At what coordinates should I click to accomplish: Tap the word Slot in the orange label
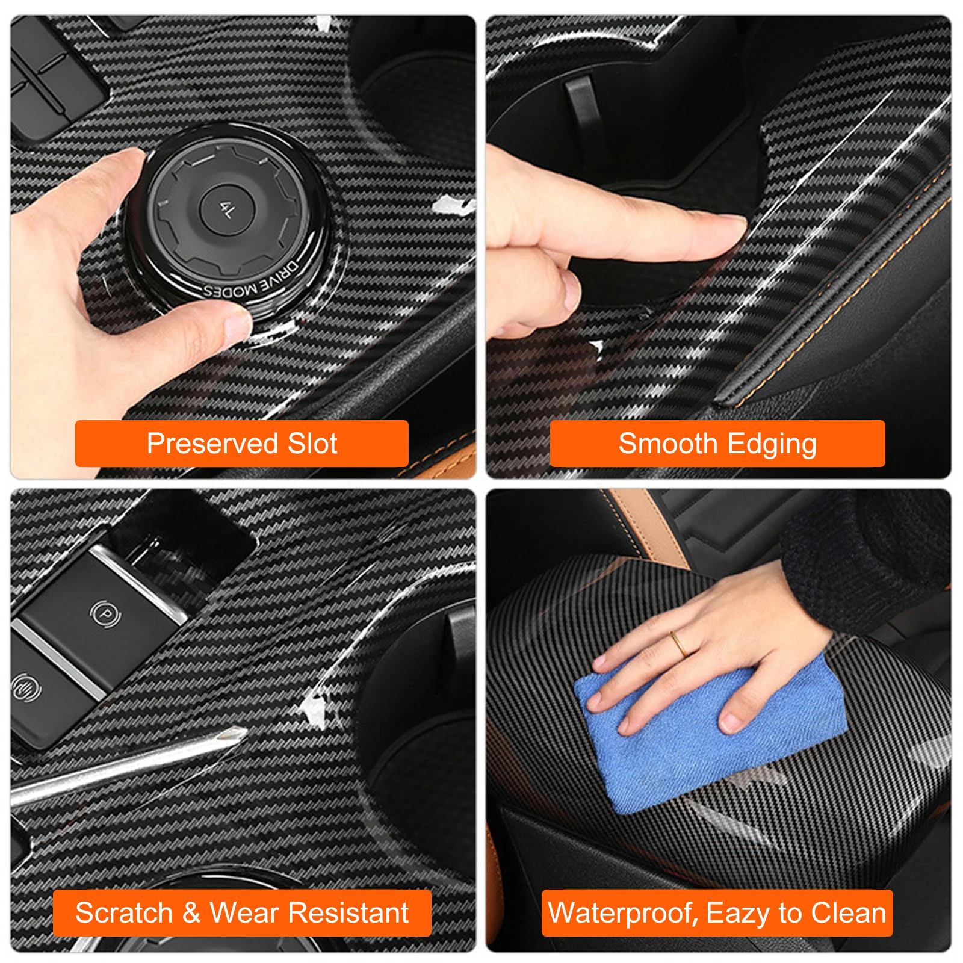point(312,444)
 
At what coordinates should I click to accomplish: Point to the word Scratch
point(124,913)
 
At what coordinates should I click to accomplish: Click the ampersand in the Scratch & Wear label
point(191,913)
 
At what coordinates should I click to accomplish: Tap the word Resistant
point(348,913)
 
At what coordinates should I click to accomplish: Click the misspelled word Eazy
point(739,914)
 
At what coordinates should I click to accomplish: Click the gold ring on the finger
point(679,643)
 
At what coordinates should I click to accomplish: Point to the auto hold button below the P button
point(26,687)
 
